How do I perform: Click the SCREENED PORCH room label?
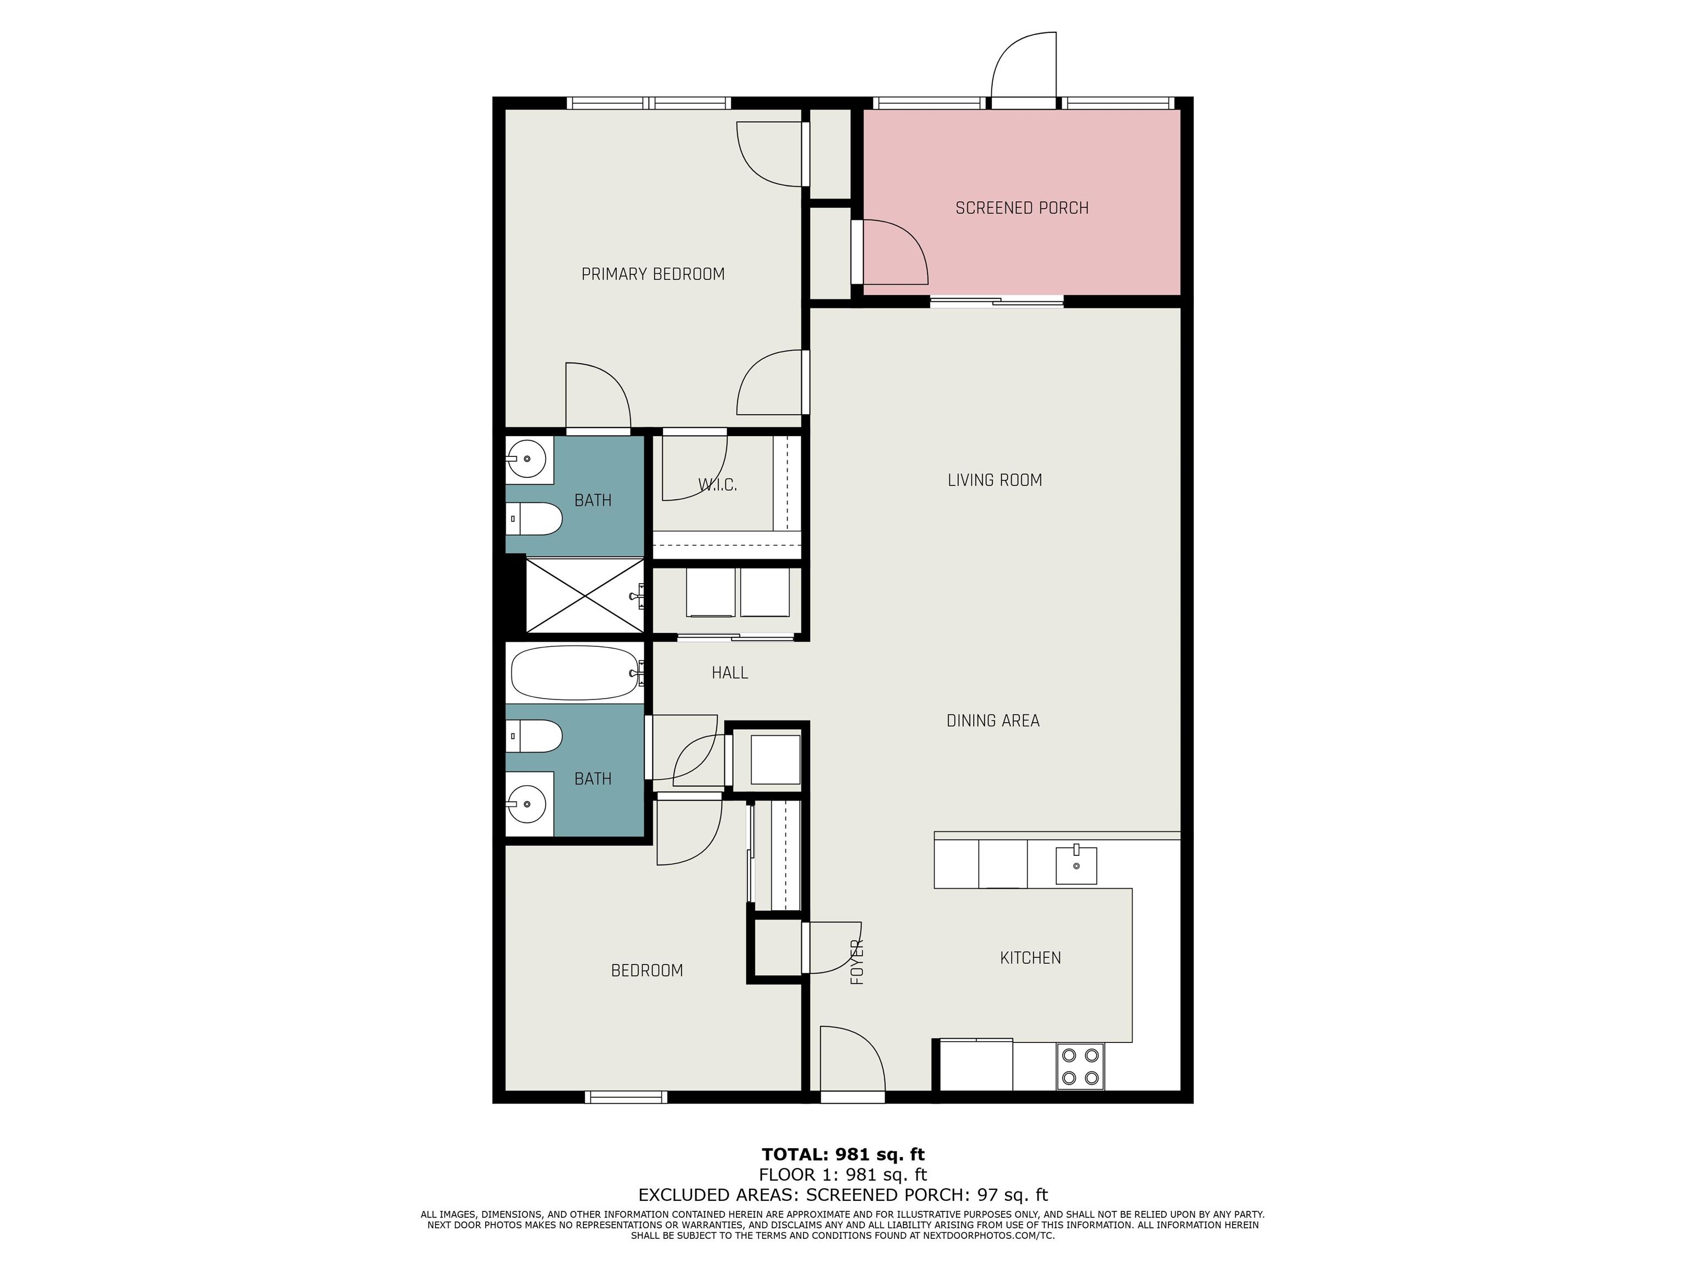click(x=1021, y=208)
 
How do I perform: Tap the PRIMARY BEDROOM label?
click(x=653, y=274)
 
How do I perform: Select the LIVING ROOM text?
click(x=994, y=480)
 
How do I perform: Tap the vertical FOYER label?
click(x=857, y=962)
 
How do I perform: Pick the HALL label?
click(x=729, y=673)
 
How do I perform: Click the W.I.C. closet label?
click(x=717, y=484)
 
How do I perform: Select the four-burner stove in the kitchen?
click(x=1080, y=1066)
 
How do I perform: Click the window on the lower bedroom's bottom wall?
click(x=626, y=1097)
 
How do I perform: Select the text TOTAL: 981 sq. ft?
click(x=843, y=1154)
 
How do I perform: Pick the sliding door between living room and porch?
click(x=996, y=301)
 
